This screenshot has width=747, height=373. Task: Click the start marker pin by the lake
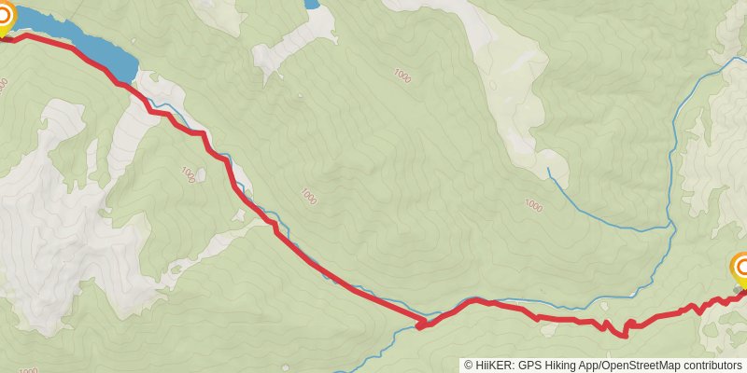click(5, 17)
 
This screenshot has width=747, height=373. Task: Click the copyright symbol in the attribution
click(470, 366)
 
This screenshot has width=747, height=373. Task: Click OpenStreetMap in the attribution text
click(646, 366)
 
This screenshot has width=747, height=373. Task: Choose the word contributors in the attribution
click(713, 366)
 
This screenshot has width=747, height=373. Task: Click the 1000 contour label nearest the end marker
click(533, 206)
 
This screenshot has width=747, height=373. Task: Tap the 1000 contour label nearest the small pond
click(402, 75)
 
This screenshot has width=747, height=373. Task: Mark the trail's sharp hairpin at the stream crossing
click(420, 325)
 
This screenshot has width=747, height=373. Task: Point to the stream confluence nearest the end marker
click(670, 226)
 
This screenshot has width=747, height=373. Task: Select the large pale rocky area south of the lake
click(56, 224)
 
